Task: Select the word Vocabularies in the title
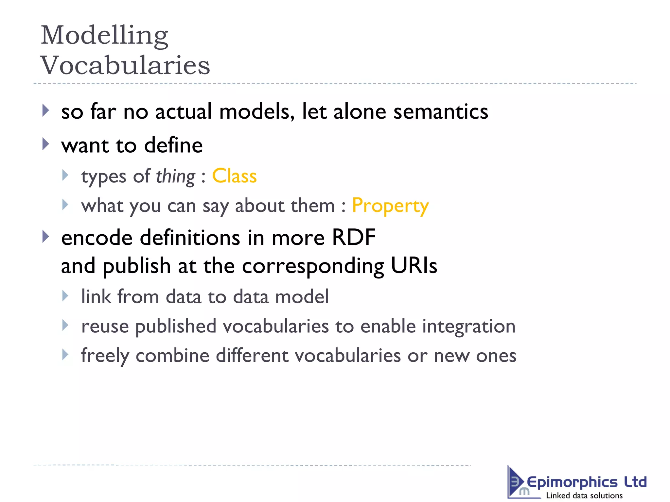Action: point(125,65)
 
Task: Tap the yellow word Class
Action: point(234,176)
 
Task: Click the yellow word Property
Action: point(390,206)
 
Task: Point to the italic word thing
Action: point(175,176)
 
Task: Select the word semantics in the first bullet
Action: point(440,111)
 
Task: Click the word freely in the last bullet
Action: point(105,356)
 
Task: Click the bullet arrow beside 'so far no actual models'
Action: point(46,110)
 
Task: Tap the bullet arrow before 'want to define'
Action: point(46,144)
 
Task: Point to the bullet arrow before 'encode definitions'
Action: point(46,236)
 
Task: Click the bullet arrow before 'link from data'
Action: point(65,296)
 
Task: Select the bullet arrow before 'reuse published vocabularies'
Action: point(65,325)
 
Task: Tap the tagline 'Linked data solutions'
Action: point(584,495)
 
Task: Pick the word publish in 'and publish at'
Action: point(137,266)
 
